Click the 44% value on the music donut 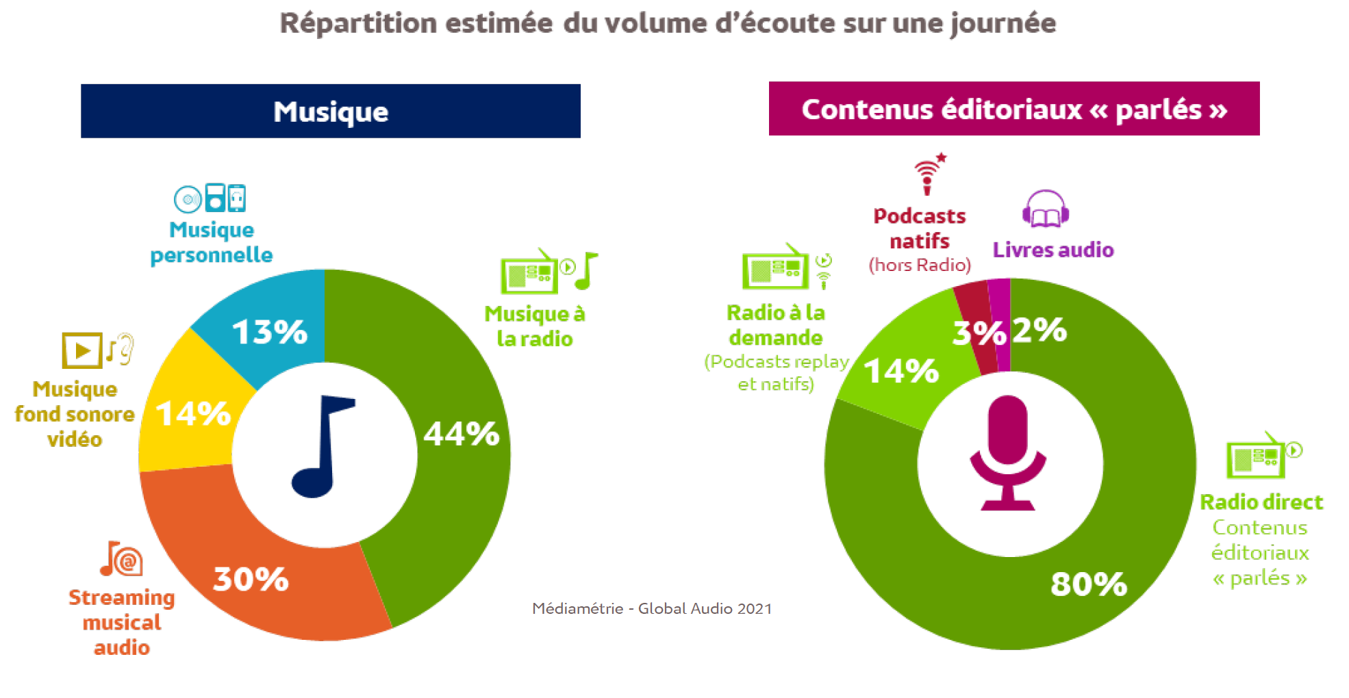(462, 434)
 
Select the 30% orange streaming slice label (251, 579)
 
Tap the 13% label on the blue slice (270, 332)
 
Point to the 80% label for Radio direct (1089, 584)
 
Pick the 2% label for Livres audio (1039, 330)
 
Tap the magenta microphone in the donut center (1007, 452)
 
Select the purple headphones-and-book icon (1046, 209)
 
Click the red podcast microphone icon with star (929, 174)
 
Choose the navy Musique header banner (331, 111)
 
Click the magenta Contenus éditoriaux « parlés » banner (1014, 109)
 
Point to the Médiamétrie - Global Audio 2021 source (652, 608)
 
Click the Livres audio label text (1053, 250)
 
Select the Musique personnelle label (212, 242)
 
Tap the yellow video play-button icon (82, 350)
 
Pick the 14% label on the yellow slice (193, 414)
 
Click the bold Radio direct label (1261, 502)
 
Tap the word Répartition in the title (358, 23)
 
